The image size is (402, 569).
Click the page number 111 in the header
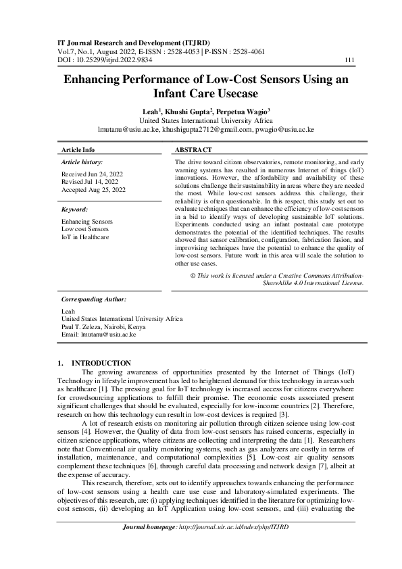coord(350,59)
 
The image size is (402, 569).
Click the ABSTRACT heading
coord(193,149)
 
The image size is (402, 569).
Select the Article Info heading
coord(78,149)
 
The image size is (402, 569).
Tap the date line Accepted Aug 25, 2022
coord(93,191)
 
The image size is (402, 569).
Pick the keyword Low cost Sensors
coord(84,229)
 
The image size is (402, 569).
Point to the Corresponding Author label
coord(94,298)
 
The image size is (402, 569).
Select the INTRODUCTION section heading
coord(101,363)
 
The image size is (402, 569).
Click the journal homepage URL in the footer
coord(232,545)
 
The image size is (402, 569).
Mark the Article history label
coord(82,163)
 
